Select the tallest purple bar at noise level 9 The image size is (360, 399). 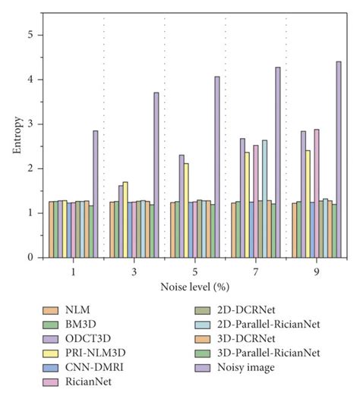coord(338,159)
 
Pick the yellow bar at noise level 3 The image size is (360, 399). coord(125,220)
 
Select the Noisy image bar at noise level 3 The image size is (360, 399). coord(156,175)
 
